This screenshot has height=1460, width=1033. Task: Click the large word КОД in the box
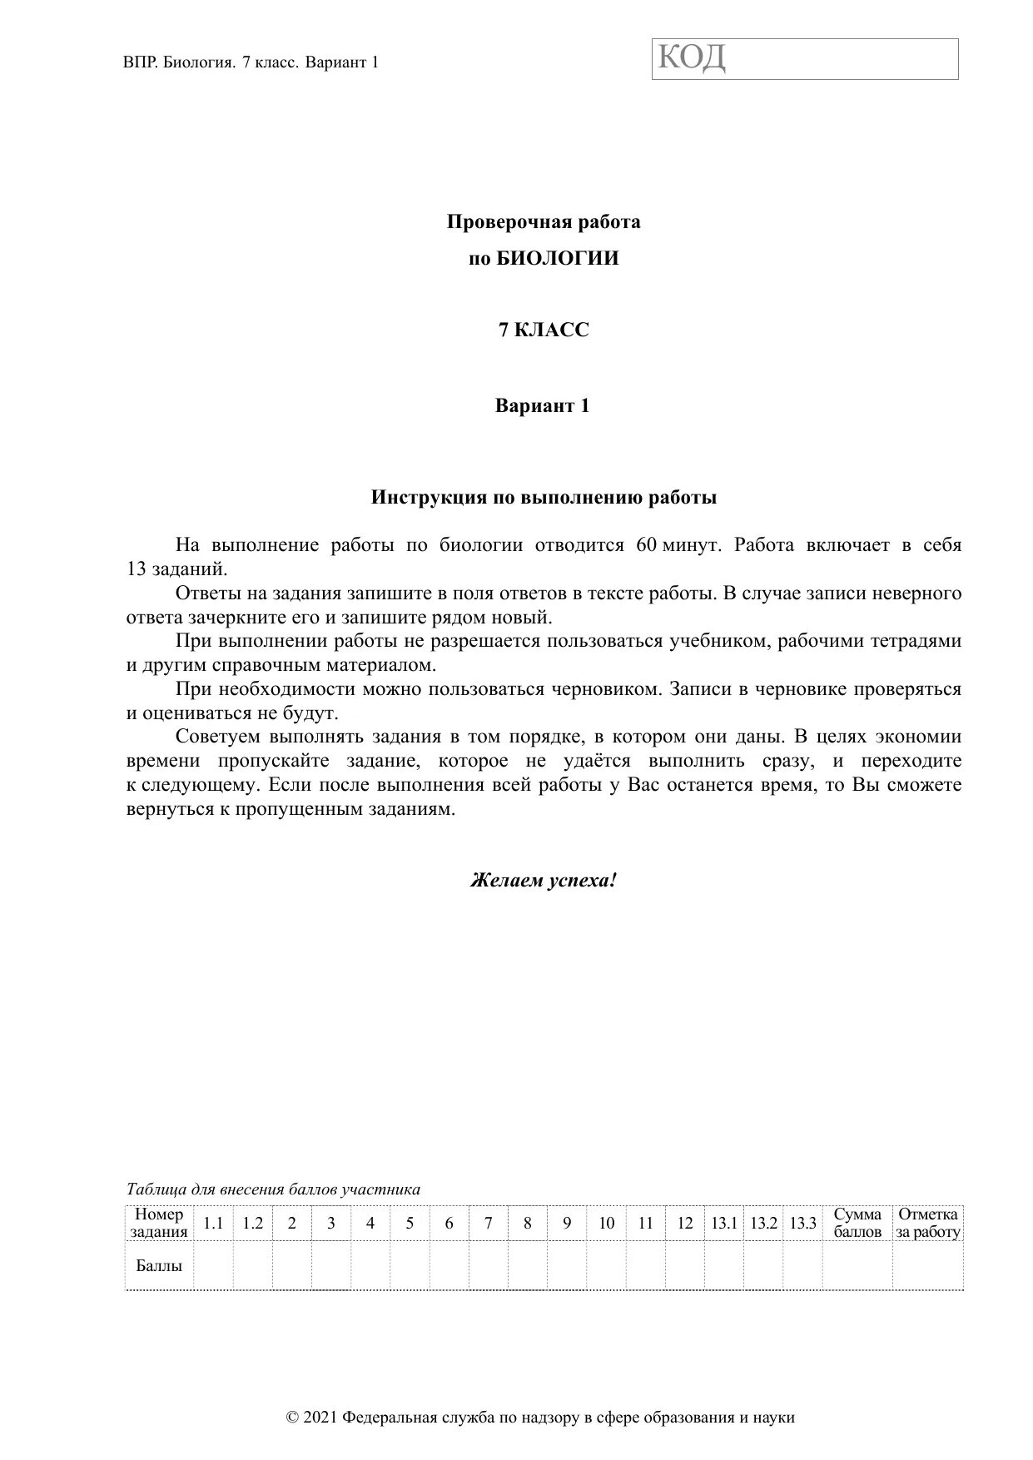(693, 58)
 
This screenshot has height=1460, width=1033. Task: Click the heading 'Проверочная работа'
(544, 222)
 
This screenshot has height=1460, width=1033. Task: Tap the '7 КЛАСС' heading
(544, 330)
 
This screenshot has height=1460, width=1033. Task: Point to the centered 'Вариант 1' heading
(543, 406)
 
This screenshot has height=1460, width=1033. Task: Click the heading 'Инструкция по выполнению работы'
(544, 498)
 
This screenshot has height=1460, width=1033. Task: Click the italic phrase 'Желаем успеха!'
(544, 880)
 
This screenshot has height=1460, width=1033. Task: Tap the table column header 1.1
(213, 1223)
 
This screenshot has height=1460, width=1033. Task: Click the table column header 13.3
(802, 1223)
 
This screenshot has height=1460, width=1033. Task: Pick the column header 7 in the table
(489, 1223)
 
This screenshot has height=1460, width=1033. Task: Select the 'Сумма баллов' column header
(857, 1223)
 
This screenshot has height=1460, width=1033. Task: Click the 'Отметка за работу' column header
(928, 1223)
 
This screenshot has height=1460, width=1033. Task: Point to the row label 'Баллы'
(159, 1265)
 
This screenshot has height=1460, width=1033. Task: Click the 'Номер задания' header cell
(159, 1223)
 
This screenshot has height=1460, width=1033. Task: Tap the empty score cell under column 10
(606, 1265)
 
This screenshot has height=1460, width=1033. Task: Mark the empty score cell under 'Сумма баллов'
(857, 1265)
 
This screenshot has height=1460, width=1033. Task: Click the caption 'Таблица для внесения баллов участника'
(273, 1189)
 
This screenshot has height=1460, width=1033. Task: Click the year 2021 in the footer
(321, 1418)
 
